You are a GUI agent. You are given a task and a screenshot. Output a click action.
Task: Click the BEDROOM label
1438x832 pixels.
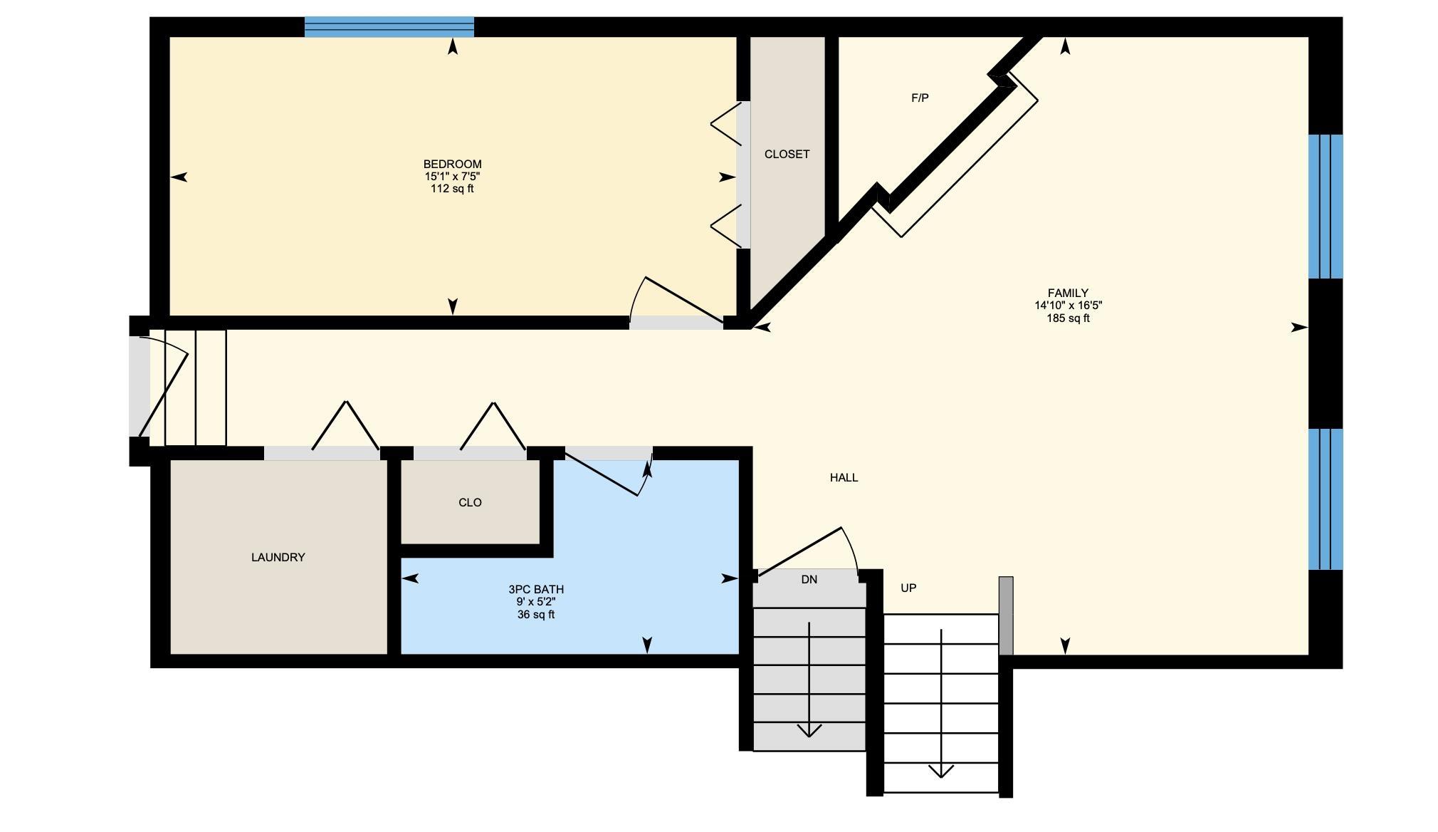coord(452,164)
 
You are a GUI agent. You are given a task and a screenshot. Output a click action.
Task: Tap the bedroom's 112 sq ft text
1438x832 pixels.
coord(452,189)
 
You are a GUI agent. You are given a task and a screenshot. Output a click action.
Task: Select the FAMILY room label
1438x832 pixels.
coord(1068,293)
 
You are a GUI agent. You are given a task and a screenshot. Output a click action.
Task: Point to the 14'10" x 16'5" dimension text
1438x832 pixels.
coord(1068,306)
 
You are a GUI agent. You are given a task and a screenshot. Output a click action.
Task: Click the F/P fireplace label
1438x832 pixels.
coord(920,98)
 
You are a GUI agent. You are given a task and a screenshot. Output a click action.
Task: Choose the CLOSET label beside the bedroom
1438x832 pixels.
coord(787,154)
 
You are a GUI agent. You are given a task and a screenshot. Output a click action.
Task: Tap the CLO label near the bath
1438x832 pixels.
coord(470,502)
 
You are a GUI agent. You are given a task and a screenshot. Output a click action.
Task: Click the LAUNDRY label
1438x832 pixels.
coord(278,557)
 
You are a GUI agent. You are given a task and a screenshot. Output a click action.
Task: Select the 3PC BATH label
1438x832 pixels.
coord(536,589)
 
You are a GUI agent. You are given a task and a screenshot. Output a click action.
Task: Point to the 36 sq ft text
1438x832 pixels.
coord(536,615)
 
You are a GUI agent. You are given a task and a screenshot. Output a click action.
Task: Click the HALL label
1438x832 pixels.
coord(844,477)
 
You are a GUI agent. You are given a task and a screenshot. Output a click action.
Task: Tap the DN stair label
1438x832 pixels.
coord(809,579)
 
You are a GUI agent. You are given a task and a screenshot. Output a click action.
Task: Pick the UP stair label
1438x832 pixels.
coord(908,588)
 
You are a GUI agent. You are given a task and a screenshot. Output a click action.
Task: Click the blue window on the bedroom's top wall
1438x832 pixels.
coord(389,26)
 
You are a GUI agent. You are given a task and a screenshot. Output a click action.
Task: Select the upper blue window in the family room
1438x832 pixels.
coord(1326,207)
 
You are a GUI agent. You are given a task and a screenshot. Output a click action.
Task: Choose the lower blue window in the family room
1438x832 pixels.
coord(1326,499)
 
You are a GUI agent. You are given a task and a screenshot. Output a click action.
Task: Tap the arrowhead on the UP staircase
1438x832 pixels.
coord(941,771)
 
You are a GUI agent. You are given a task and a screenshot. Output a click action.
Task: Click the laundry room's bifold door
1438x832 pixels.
coord(345,425)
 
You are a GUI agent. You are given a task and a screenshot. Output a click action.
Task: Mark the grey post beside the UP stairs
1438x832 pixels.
coord(1006,615)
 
